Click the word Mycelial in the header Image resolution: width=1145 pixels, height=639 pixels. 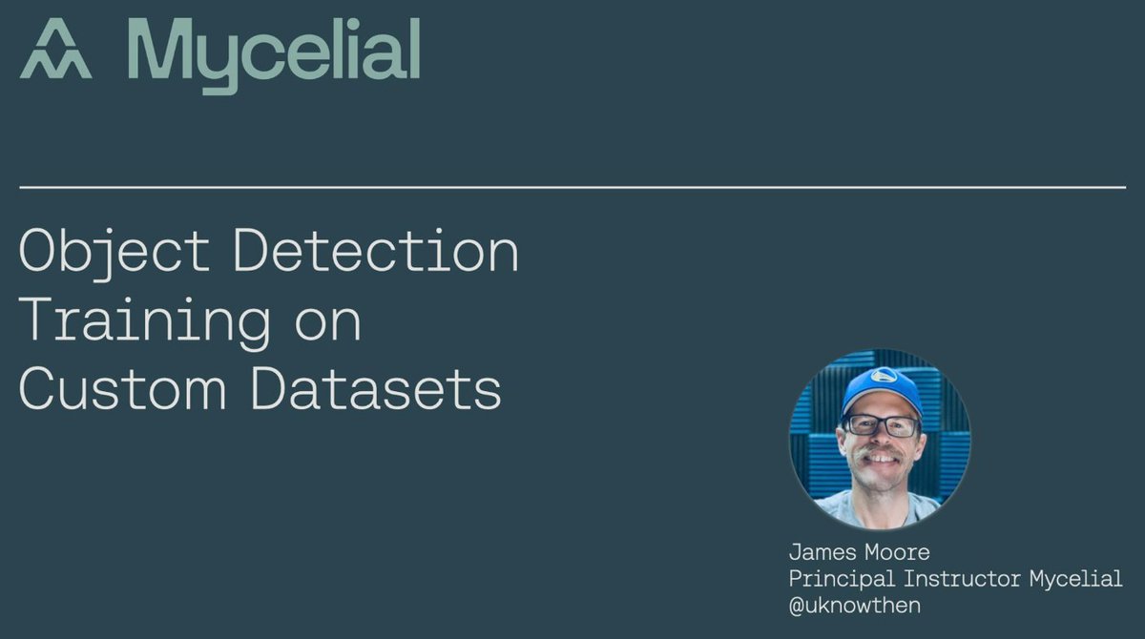coord(273,52)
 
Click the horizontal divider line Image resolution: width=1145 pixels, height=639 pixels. coord(572,188)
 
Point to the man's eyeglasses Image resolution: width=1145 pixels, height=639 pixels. coord(880,424)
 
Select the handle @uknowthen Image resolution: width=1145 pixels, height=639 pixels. coord(855,605)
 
